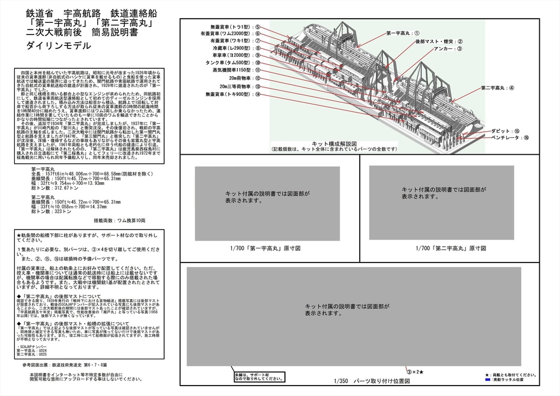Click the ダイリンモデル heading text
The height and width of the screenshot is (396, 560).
(x=59, y=46)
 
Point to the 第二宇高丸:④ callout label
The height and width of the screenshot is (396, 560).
(x=497, y=88)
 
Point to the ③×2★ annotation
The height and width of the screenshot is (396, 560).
(x=415, y=372)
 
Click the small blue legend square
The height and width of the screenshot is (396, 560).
(x=487, y=379)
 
